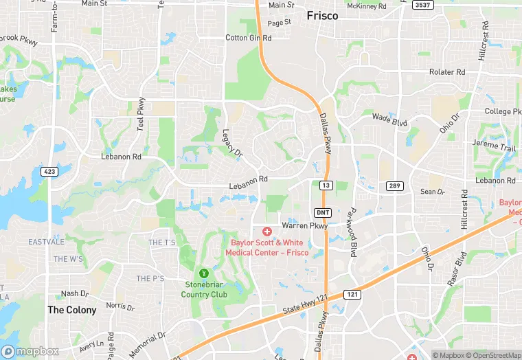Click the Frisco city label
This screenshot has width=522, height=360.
[322, 15]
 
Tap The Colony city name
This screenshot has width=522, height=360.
[71, 310]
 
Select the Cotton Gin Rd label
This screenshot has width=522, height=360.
[249, 38]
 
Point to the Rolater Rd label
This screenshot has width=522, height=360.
[447, 72]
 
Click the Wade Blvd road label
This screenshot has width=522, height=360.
[389, 120]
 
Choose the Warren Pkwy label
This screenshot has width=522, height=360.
[305, 224]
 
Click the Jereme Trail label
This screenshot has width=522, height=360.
[493, 146]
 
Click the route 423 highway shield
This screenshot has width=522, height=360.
[48, 171]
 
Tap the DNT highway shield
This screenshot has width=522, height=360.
[323, 212]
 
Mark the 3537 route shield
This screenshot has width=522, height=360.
[423, 5]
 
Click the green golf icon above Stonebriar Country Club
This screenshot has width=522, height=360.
[203, 273]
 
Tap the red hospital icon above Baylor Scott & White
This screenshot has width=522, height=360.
[266, 232]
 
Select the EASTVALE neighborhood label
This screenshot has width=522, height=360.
[46, 242]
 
